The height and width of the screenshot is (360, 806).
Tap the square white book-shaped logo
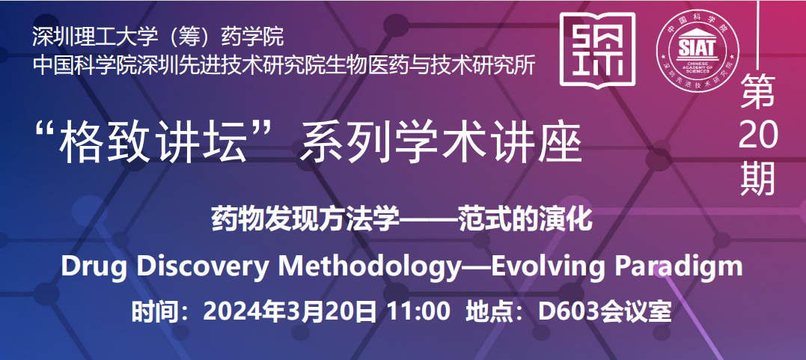coord(597,50)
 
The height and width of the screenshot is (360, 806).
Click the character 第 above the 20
coord(757,91)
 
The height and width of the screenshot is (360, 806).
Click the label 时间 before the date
coord(152,311)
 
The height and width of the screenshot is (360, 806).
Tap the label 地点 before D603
coord(485,311)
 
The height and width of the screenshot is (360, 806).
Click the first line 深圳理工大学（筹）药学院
coord(158,37)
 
